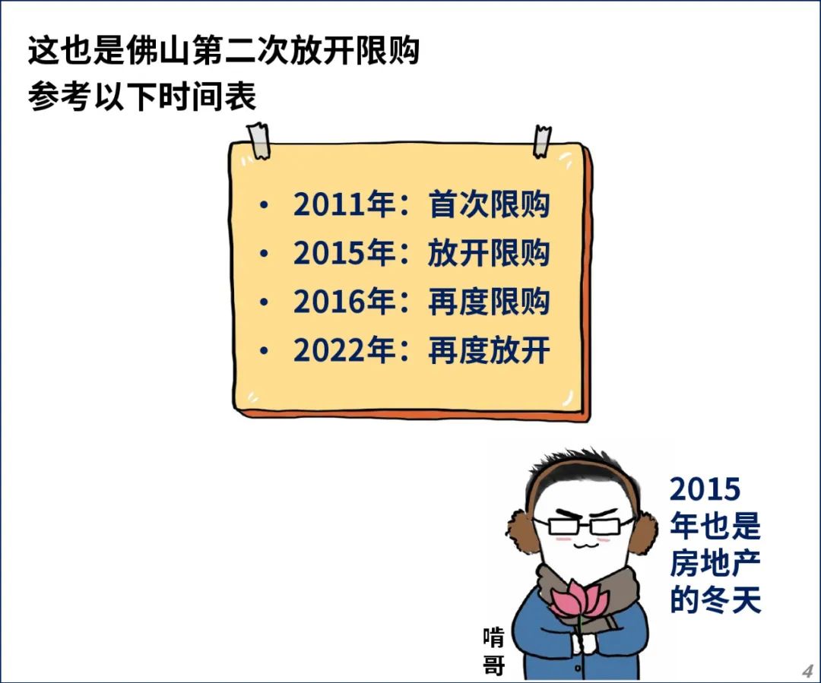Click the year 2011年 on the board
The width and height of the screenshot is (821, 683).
344,204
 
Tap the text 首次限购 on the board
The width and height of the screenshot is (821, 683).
489,204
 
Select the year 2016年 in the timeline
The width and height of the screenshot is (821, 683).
344,302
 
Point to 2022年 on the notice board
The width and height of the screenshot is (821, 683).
344,350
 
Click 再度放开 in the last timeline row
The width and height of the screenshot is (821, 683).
489,350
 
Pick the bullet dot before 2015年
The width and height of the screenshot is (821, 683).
264,254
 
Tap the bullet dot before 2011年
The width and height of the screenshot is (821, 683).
264,205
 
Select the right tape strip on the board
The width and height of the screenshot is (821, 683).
542,141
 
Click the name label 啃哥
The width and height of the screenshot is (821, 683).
494,652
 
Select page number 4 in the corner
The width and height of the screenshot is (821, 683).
807,671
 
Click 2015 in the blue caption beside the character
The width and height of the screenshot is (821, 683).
705,489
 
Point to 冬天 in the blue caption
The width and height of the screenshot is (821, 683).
731,599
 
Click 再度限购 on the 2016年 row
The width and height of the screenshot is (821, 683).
489,302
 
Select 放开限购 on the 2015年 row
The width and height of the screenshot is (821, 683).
489,253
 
